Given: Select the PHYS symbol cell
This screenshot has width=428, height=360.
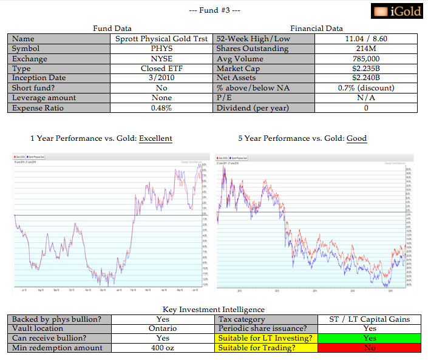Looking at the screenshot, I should coord(161,49).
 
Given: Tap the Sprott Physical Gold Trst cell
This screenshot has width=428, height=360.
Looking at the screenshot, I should coord(161,39).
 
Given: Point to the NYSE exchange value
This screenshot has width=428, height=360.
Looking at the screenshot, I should coord(161,58).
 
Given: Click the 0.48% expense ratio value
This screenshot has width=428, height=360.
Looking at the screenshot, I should coord(161,108).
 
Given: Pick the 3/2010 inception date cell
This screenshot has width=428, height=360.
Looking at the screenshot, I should coord(161,78).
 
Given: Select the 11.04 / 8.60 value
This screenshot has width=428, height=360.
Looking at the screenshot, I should coord(365,39).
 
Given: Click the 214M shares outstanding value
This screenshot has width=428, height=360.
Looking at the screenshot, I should coord(365,49).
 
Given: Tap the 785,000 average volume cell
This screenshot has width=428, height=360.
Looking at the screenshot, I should coord(365,58).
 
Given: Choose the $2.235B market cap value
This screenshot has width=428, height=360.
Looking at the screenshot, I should coord(365,68).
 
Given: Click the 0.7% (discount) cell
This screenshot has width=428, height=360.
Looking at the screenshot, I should coord(365,88).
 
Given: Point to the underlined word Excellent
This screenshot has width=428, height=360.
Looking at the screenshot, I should coord(155,138).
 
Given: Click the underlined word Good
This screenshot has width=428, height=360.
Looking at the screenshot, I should coord(357,138).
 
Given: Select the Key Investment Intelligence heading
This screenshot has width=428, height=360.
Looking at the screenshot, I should coord(214,310).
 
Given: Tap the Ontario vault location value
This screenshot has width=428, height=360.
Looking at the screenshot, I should coord(163,328).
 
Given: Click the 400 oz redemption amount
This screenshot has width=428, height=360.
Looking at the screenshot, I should coord(163,348).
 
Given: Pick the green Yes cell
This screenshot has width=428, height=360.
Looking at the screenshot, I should coord(369,338).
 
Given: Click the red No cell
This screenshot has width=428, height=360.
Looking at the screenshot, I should coord(369,348).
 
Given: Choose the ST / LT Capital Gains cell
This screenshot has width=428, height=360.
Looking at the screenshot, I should coord(369,319).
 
